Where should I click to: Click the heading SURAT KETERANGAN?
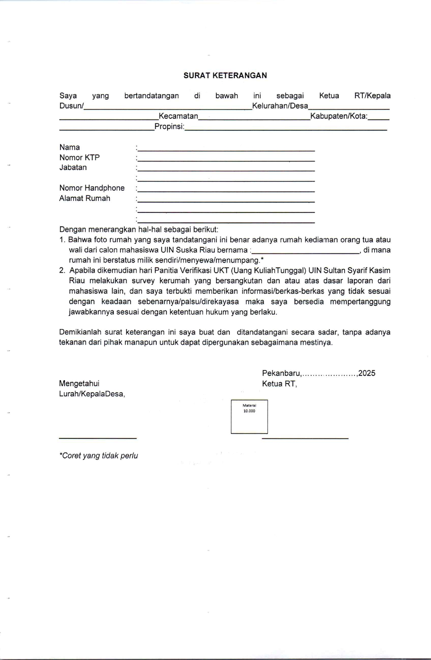225,76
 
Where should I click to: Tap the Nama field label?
70,147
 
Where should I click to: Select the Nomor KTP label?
80,158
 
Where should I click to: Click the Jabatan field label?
73,167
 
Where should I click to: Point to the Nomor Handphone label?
92,188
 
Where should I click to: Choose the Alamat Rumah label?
85,198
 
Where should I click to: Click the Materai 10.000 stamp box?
249,417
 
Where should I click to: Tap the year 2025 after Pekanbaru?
367,373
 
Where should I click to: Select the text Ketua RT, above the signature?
279,384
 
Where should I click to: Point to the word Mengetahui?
79,384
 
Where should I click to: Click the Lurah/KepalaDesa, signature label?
92,394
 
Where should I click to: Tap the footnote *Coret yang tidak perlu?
99,456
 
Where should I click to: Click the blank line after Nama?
226,150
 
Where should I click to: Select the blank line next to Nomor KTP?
226,160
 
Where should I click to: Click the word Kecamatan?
178,116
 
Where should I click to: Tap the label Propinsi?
170,127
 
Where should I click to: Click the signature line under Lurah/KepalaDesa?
98,438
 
